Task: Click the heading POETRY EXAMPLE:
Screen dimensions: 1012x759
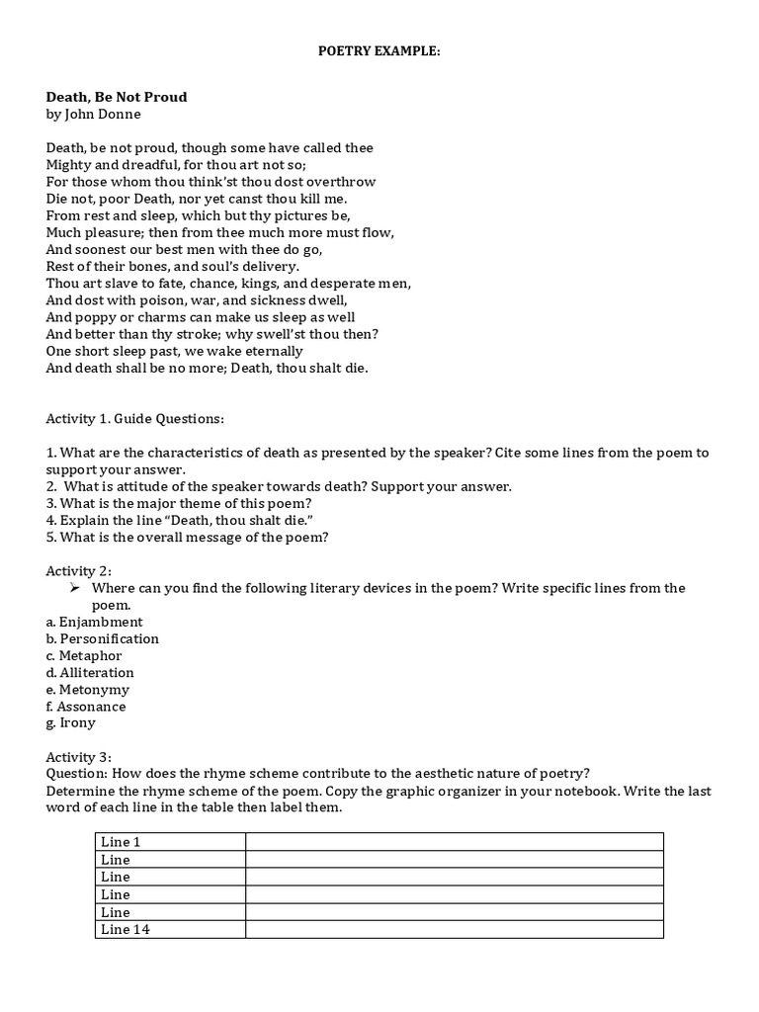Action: [x=379, y=49]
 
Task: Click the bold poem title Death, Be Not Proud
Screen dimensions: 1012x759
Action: [x=117, y=97]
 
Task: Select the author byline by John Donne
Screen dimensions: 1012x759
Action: [x=94, y=114]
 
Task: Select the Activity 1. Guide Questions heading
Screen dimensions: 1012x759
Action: [x=135, y=419]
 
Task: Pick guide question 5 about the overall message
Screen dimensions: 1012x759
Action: [x=187, y=538]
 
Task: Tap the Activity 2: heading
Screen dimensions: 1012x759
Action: [x=79, y=571]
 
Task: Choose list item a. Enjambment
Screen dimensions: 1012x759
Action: [x=94, y=622]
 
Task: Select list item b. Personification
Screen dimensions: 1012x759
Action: [x=102, y=638]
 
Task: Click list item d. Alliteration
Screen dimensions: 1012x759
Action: [x=90, y=672]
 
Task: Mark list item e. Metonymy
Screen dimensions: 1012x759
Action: [x=87, y=689]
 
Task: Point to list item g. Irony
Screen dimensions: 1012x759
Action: [x=71, y=722]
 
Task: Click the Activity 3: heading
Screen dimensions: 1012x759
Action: [x=79, y=756]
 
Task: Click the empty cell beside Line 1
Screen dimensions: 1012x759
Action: [x=455, y=842]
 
